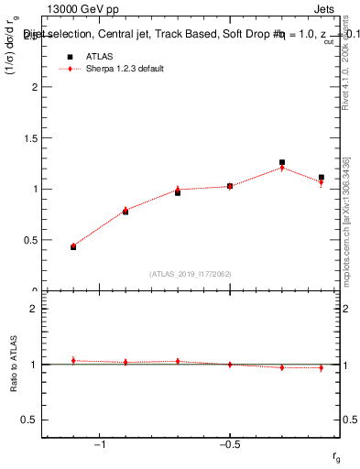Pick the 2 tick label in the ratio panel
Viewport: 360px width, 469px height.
[34, 309]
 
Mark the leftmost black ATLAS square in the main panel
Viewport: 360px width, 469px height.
[73, 247]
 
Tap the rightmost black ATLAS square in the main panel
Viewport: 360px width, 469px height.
[322, 178]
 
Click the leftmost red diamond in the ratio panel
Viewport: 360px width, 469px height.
[73, 361]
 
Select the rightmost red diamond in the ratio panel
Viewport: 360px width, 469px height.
[322, 367]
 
